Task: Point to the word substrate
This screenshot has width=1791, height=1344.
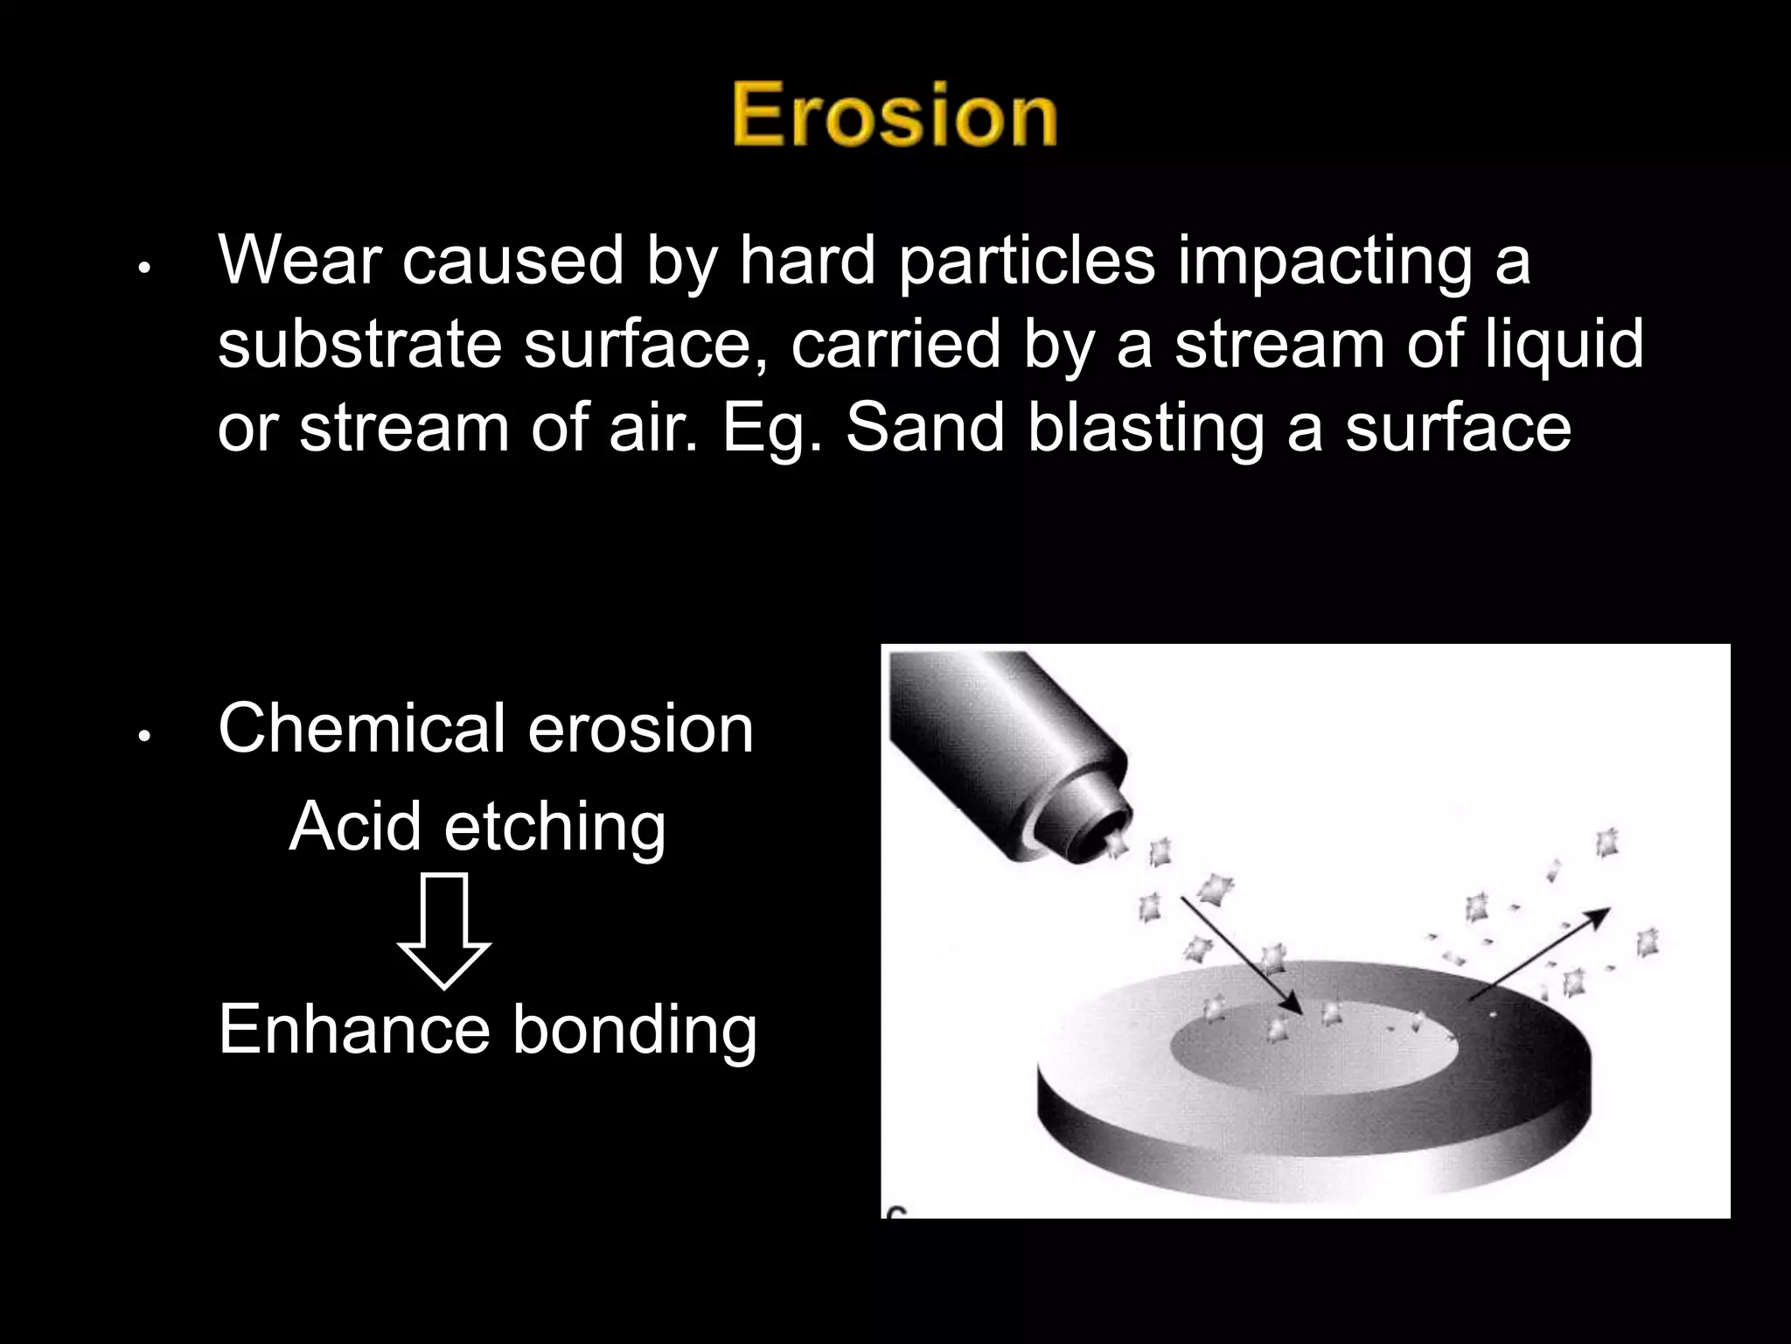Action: pyautogui.click(x=359, y=344)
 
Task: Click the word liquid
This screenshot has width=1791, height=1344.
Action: pyautogui.click(x=1556, y=344)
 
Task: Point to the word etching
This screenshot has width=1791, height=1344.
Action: pyautogui.click(x=554, y=828)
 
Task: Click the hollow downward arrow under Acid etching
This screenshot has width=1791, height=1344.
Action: pyautogui.click(x=444, y=930)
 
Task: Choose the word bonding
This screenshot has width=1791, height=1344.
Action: pyautogui.click(x=635, y=1031)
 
